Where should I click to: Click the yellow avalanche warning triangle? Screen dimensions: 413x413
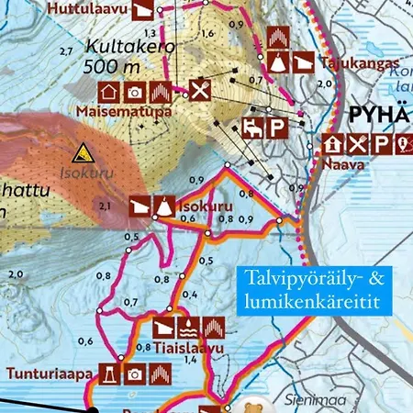tap(84, 152)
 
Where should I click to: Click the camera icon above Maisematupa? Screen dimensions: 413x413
tap(134, 92)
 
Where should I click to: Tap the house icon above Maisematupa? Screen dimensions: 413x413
tap(107, 92)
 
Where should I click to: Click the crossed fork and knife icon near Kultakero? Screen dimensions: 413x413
tap(200, 90)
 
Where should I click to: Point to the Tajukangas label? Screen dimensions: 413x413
tap(350, 64)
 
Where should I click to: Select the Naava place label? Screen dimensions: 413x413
tap(340, 165)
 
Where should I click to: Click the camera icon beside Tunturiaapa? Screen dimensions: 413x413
tap(135, 374)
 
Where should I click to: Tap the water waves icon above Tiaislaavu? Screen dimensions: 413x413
tap(188, 327)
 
